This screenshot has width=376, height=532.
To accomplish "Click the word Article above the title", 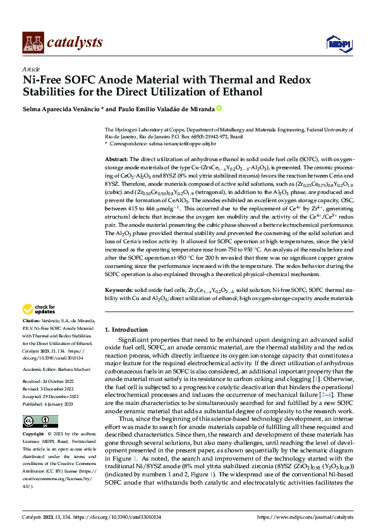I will (31, 69).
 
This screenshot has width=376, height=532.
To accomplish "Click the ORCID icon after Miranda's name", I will (219, 109).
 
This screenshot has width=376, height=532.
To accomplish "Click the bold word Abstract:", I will (116, 160).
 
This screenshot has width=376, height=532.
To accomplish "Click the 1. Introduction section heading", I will (126, 330).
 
